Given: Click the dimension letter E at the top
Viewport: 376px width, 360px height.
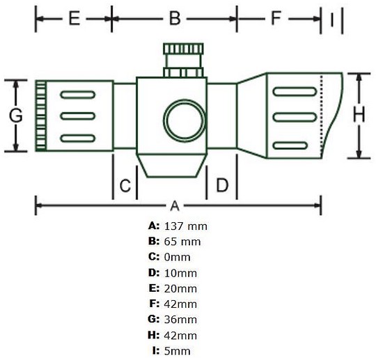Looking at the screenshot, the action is point(74,19).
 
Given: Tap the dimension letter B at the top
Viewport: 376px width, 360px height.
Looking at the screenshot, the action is point(175,19).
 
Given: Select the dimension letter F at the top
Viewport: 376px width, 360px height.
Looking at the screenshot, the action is point(276,19).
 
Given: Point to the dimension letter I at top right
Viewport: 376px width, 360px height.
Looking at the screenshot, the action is point(332,19).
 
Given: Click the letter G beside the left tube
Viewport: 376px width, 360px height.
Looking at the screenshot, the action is point(16,116).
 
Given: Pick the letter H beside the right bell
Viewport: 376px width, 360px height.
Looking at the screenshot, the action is point(359,115).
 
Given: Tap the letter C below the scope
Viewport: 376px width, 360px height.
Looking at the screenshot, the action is point(125,185).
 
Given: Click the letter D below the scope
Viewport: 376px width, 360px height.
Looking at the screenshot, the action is point(222,185).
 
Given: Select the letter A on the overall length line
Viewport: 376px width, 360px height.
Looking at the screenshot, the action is point(175,206).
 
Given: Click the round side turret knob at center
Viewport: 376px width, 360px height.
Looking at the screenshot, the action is point(185,120).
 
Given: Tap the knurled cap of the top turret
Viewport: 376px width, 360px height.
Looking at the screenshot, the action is point(183,49).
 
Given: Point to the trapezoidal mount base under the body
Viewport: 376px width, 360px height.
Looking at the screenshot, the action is point(172,166).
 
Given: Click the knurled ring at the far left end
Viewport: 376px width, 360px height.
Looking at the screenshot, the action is point(41,116).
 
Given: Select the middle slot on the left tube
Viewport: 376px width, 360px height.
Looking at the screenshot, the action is point(78,116).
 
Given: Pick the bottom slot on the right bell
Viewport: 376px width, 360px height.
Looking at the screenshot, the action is point(290,146).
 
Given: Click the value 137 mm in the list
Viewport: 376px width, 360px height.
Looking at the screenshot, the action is point(186,226).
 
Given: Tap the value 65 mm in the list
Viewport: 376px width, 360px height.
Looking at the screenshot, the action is point(182,242).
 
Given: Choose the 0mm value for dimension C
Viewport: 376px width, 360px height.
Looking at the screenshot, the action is point(178,258).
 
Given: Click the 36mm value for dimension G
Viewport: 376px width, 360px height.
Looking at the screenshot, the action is point(180,320).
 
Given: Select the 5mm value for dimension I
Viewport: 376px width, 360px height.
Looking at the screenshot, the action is point(178,351).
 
